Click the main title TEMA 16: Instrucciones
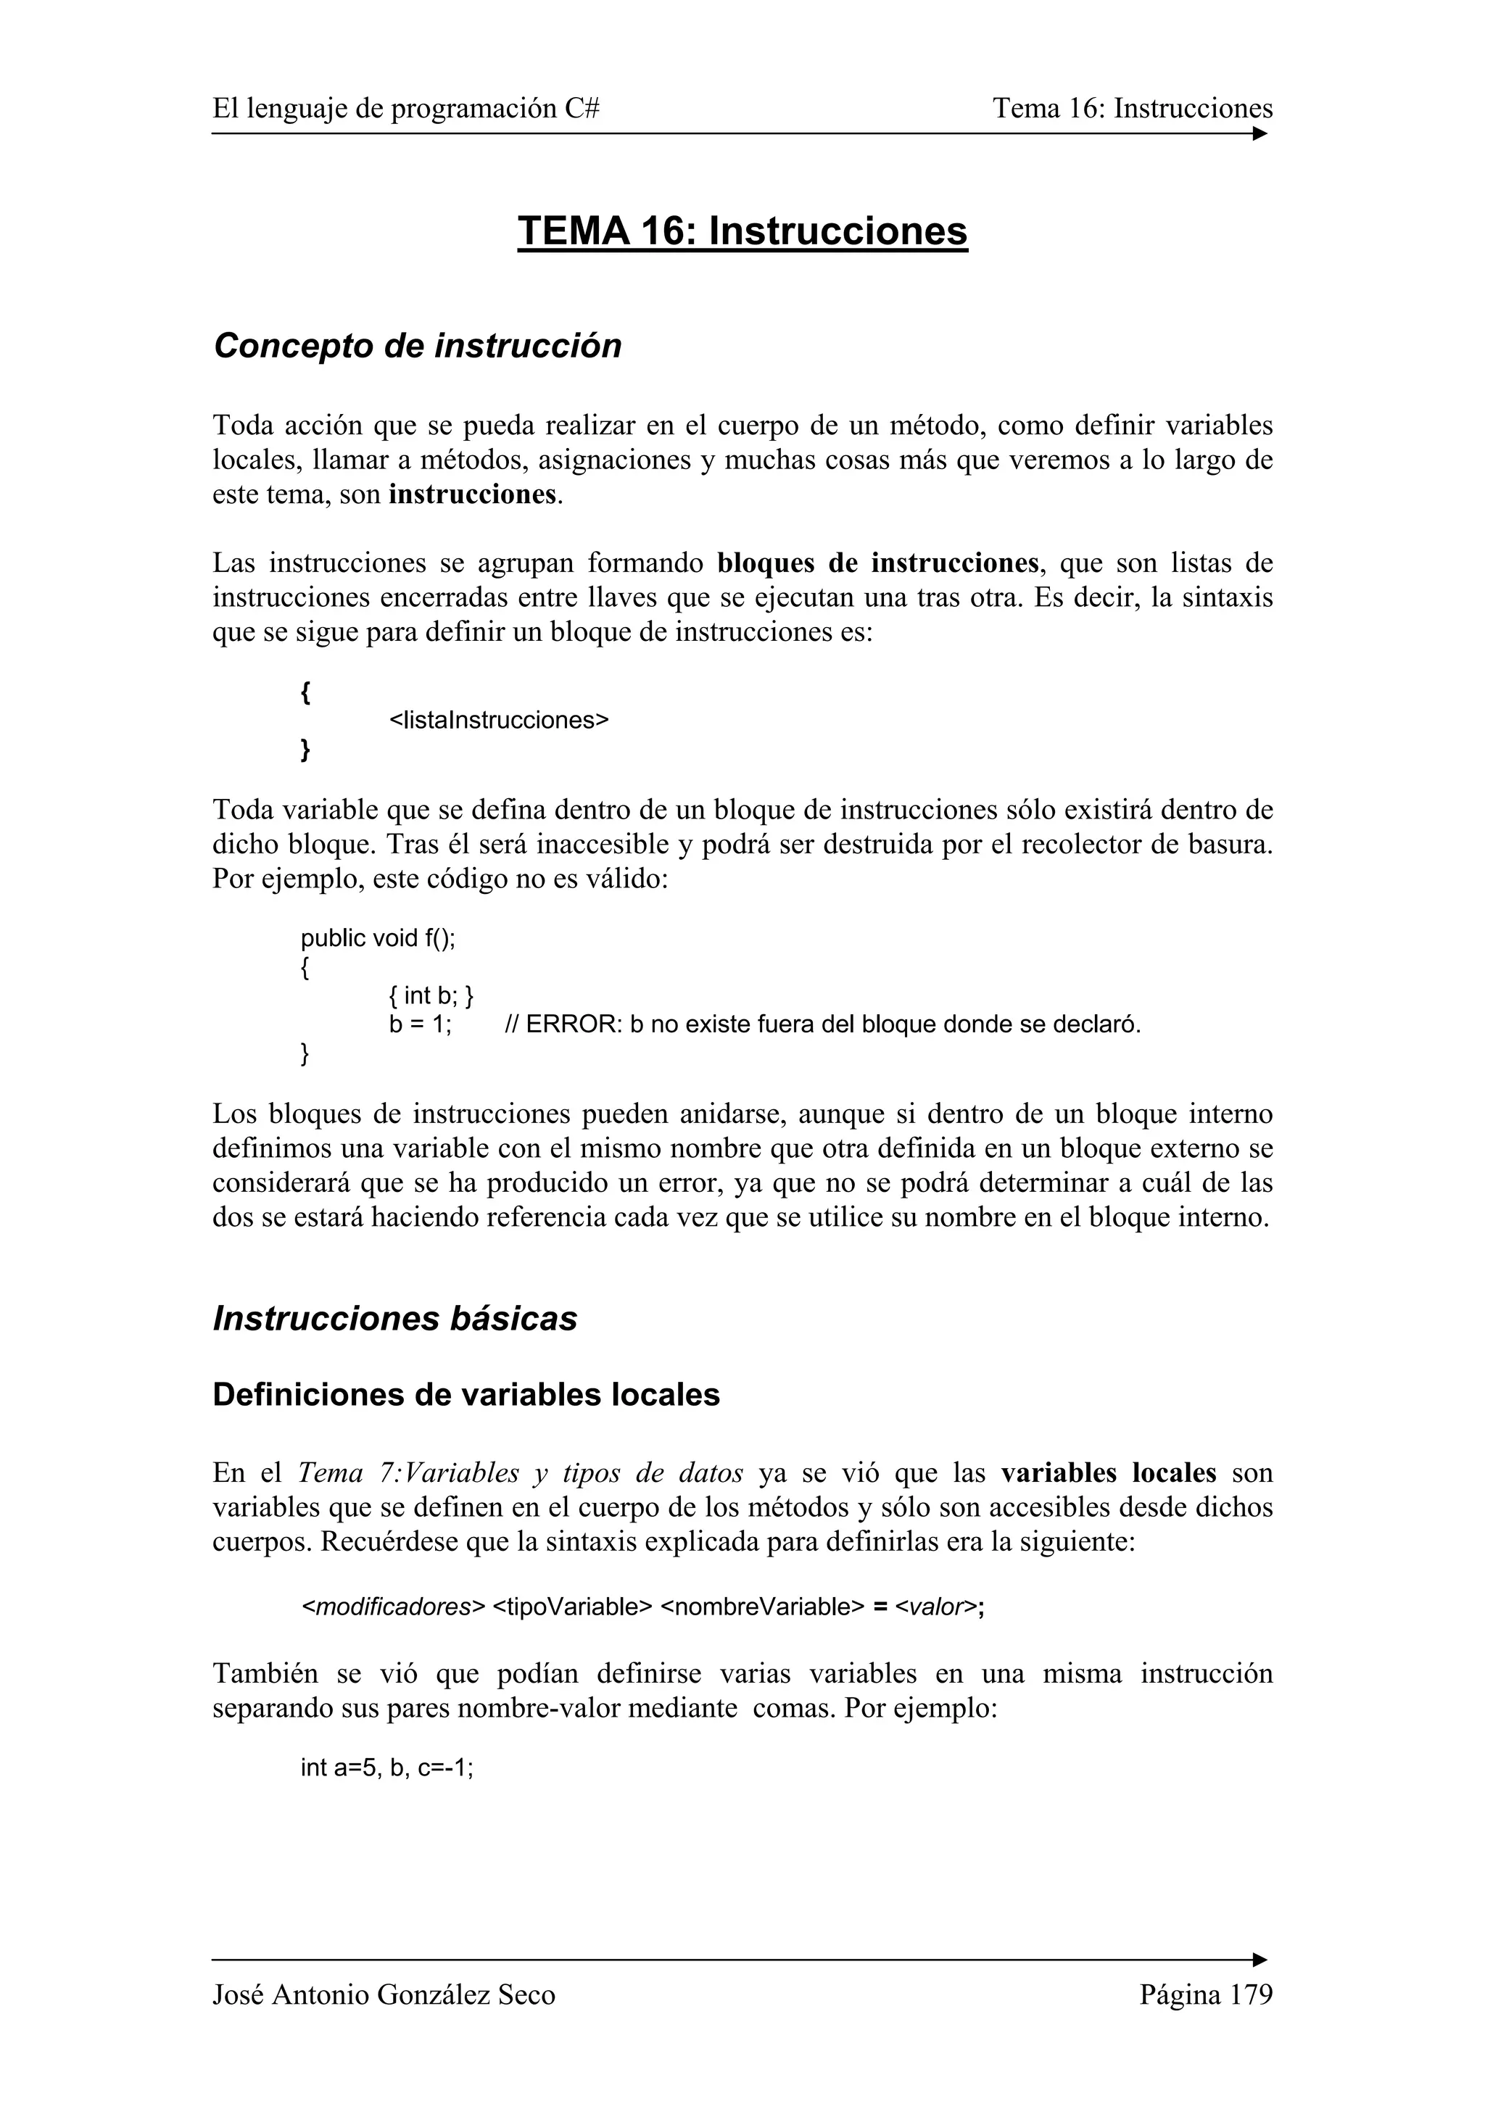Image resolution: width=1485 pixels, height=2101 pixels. coord(742,231)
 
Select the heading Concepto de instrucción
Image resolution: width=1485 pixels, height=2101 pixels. coord(417,346)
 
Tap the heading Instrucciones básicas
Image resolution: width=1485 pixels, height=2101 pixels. coord(395,1319)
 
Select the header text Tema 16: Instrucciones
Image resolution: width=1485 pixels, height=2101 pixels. coord(1133,109)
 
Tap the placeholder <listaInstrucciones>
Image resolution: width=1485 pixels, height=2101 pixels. coord(499,720)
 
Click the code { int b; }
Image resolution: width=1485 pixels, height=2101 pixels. coord(431,995)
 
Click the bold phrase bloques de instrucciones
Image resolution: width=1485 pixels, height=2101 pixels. coord(878,562)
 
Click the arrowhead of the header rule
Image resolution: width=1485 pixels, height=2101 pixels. coord(1261,133)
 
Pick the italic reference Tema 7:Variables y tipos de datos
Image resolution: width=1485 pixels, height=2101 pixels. coord(521,1473)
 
